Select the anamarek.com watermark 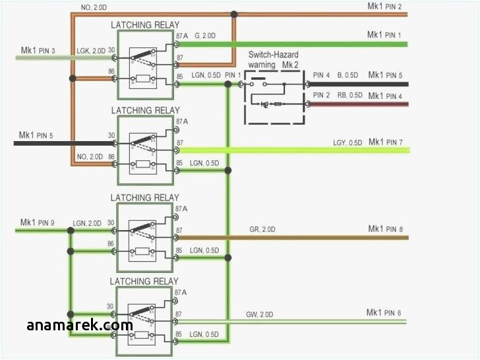pyautogui.click(x=80, y=325)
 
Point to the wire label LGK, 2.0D pyautogui.click(x=91, y=51)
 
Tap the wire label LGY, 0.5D pyautogui.click(x=347, y=143)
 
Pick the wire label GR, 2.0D pyautogui.click(x=262, y=229)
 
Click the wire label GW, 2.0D pyautogui.click(x=260, y=314)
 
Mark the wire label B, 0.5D pyautogui.click(x=349, y=75)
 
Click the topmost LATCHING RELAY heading pyautogui.click(x=144, y=25)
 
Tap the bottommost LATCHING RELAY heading pyautogui.click(x=144, y=282)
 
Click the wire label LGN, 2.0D pyautogui.click(x=88, y=224)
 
